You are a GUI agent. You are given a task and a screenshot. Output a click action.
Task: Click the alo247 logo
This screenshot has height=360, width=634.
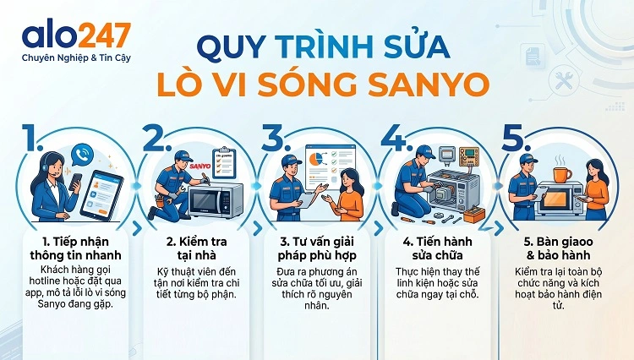pyautogui.click(x=77, y=35)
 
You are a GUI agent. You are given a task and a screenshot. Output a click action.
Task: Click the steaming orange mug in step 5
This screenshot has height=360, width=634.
pyautogui.click(x=561, y=172)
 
